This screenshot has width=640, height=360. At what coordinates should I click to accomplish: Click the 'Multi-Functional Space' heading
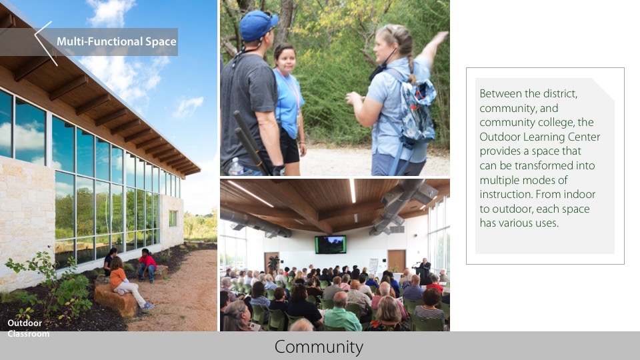pos(116,42)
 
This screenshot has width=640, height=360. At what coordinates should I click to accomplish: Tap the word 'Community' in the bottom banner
pos(319,347)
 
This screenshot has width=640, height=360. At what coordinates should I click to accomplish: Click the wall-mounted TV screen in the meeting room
pos(331,245)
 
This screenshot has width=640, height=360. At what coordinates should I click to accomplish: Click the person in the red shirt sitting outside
pos(147,264)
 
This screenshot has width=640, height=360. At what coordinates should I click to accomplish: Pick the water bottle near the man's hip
pos(235,167)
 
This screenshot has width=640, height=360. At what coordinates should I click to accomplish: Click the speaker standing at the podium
pos(423,271)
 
